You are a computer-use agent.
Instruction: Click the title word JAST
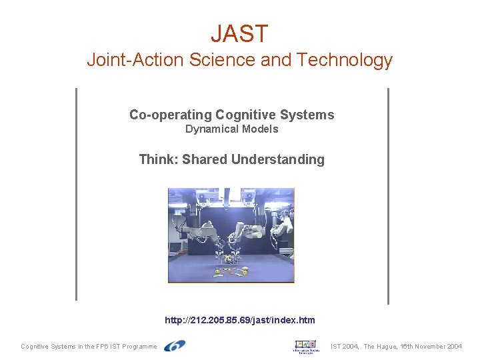[239, 33]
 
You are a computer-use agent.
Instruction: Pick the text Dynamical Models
[231, 129]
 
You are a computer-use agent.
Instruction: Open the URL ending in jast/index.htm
[240, 320]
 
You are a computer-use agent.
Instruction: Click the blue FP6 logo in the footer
[175, 346]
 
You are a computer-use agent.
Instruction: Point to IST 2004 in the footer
[345, 347]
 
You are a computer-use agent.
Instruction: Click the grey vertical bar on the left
[77, 194]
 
